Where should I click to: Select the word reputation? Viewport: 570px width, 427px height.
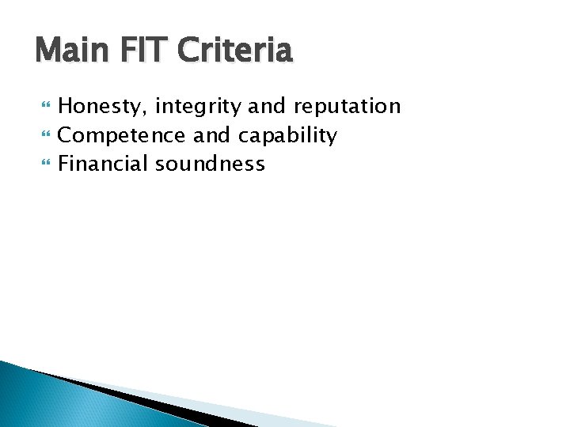pos(348,107)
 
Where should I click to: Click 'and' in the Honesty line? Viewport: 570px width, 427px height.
pos(270,107)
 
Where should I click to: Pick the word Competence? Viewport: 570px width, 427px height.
pos(123,135)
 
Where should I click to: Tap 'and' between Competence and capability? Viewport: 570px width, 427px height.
pos(211,135)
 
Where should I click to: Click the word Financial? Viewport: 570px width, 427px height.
pos(104,164)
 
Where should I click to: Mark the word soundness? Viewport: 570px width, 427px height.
pos(210,164)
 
